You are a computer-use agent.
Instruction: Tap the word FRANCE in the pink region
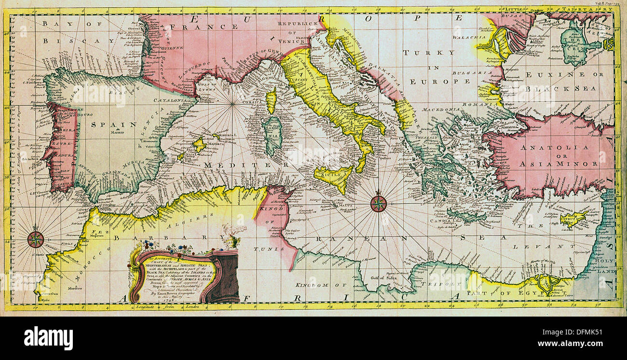[213, 27]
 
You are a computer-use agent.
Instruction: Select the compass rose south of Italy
[378, 204]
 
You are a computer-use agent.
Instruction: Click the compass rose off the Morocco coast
[36, 239]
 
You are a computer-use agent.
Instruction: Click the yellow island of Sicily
[335, 177]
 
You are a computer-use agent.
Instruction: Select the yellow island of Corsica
[272, 100]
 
